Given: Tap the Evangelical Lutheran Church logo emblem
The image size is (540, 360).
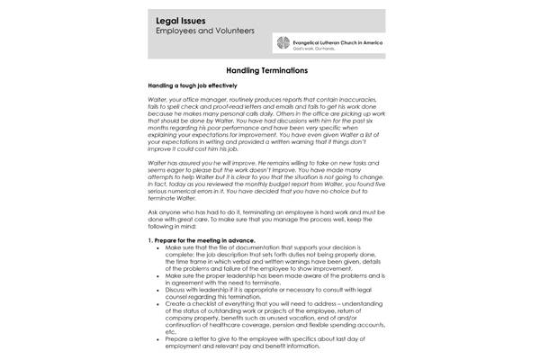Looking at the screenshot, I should tap(282, 44).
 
